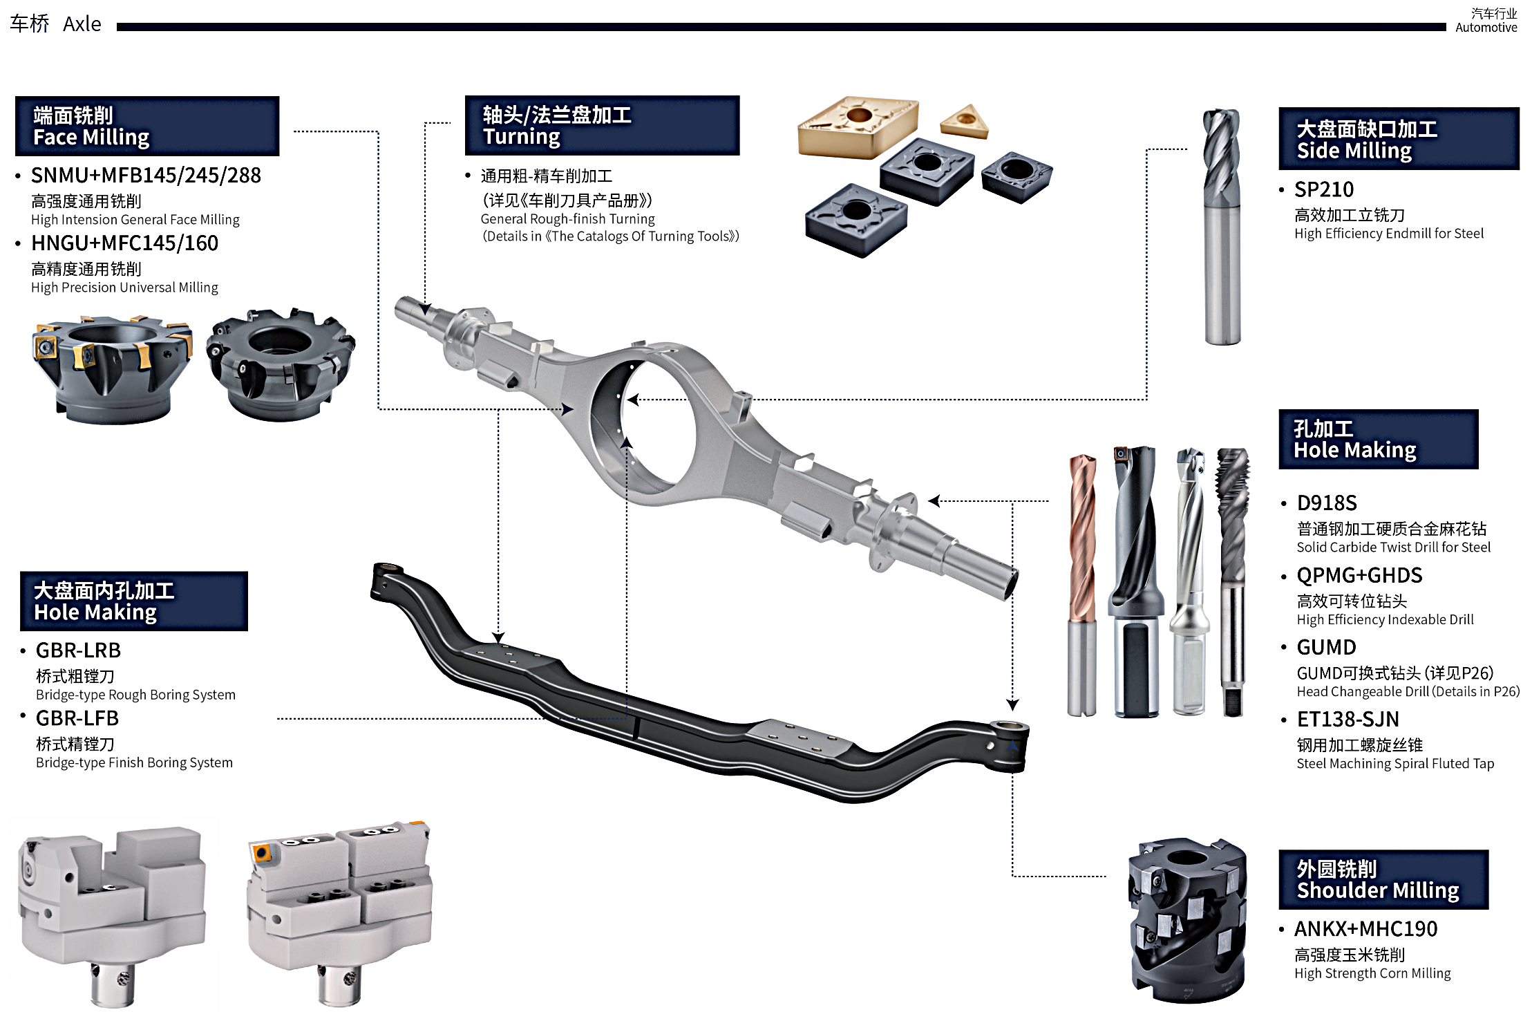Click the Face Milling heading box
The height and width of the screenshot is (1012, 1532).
tap(147, 126)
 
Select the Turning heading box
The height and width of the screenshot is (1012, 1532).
tap(602, 125)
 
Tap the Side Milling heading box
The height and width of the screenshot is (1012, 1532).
tap(1399, 139)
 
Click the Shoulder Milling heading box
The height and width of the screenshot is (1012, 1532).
tap(1383, 879)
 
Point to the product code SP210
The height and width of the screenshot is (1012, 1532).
tap(1323, 189)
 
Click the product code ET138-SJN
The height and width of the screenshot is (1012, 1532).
tap(1347, 720)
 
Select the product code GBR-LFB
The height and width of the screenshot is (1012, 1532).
tap(77, 719)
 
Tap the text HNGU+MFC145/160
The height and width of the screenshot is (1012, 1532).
tap(124, 243)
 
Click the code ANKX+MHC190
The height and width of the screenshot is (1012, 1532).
tap(1365, 929)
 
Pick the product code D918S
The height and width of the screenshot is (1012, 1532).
tap(1327, 503)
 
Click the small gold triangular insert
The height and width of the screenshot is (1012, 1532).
tap(965, 122)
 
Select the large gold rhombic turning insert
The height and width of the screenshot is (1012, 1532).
tap(858, 126)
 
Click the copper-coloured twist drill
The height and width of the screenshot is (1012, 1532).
tap(1082, 585)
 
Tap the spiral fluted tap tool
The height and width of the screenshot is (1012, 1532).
tap(1232, 581)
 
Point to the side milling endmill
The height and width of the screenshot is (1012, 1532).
tap(1222, 227)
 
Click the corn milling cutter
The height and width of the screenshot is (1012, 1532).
tap(1188, 920)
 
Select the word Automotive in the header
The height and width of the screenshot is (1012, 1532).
tap(1486, 28)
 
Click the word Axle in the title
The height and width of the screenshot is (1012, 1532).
tap(82, 24)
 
